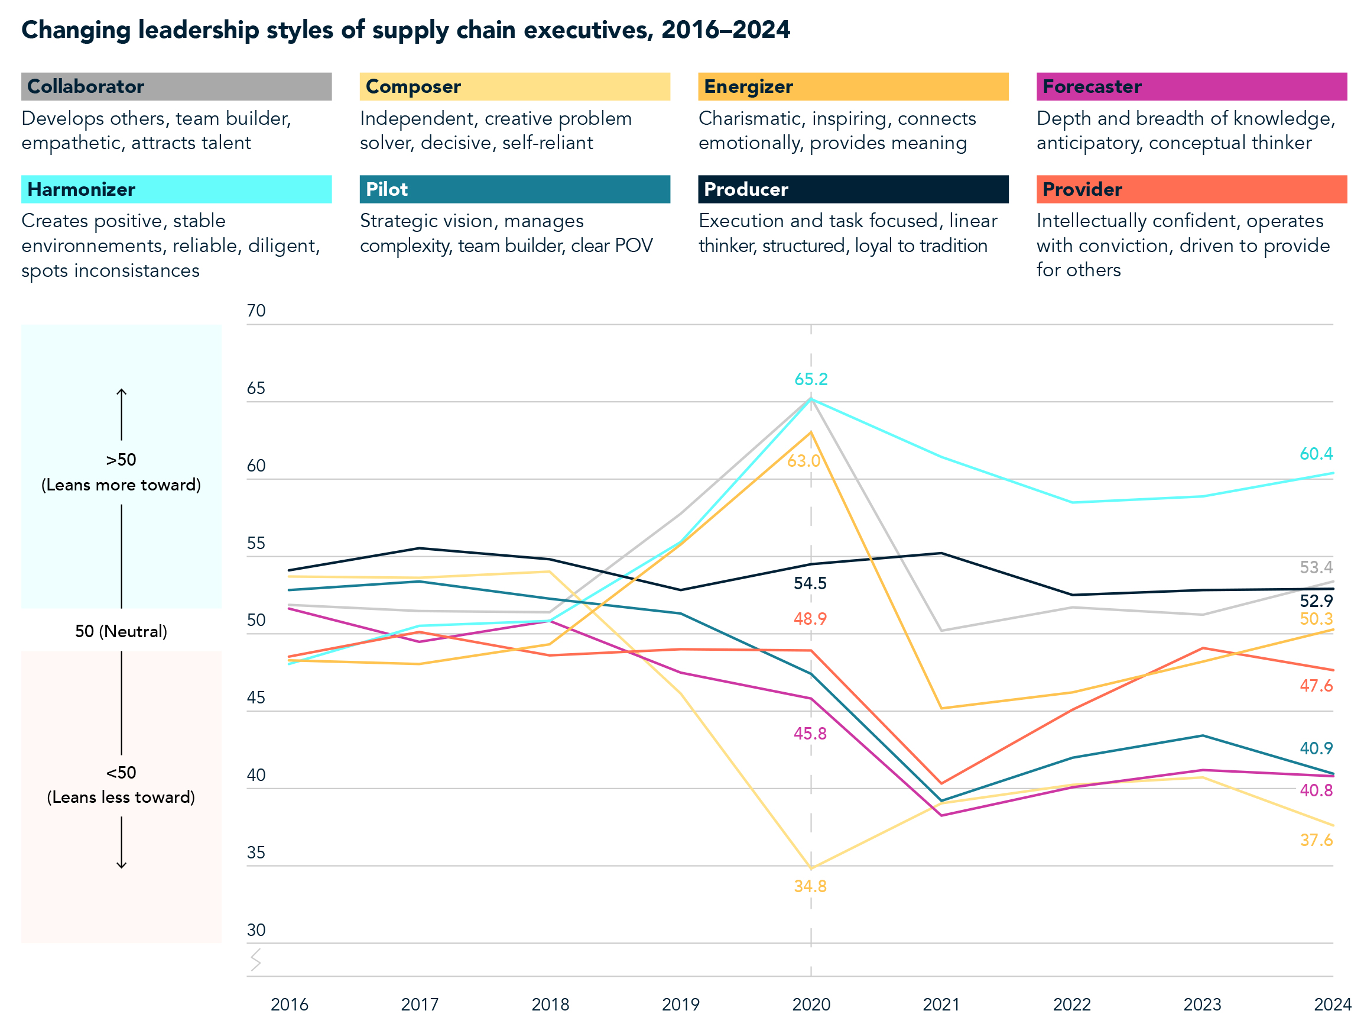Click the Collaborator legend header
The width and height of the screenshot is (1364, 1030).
click(176, 86)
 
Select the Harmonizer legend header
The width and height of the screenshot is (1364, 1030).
click(176, 189)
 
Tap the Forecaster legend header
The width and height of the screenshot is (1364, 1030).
click(1191, 86)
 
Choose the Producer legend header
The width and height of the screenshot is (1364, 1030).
click(853, 189)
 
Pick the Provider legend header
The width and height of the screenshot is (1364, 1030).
click(1191, 189)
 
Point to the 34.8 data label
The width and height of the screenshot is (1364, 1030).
click(810, 887)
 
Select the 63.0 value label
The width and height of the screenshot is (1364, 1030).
click(804, 461)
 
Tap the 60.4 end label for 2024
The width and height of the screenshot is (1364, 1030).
click(1316, 454)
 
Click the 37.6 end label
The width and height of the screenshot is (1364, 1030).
click(1316, 841)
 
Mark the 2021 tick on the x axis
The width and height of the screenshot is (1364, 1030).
click(940, 1005)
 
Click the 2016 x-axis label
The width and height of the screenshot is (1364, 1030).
click(289, 1005)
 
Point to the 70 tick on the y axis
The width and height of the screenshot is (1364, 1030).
click(256, 311)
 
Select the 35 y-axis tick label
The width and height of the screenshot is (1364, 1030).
click(256, 853)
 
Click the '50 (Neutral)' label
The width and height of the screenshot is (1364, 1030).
click(121, 631)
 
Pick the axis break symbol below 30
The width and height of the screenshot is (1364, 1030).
click(256, 960)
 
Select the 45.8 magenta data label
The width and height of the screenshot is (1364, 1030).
click(810, 734)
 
